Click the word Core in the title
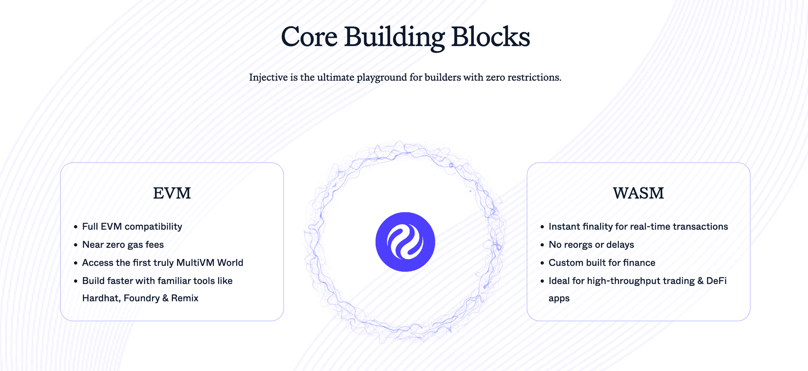click(309, 37)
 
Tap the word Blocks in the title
click(490, 37)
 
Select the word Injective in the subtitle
click(268, 77)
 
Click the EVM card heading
click(172, 193)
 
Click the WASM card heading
click(638, 193)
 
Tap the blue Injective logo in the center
click(405, 242)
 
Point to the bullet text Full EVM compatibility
click(132, 226)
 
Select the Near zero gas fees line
click(123, 245)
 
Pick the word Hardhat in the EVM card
click(101, 298)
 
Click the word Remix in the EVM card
click(185, 298)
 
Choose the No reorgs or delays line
click(591, 245)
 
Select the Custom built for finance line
click(602, 263)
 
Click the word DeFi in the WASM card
click(716, 281)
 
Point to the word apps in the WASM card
click(559, 299)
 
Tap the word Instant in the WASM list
click(564, 226)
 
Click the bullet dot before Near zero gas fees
click(76, 245)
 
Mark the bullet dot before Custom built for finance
click(542, 263)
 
